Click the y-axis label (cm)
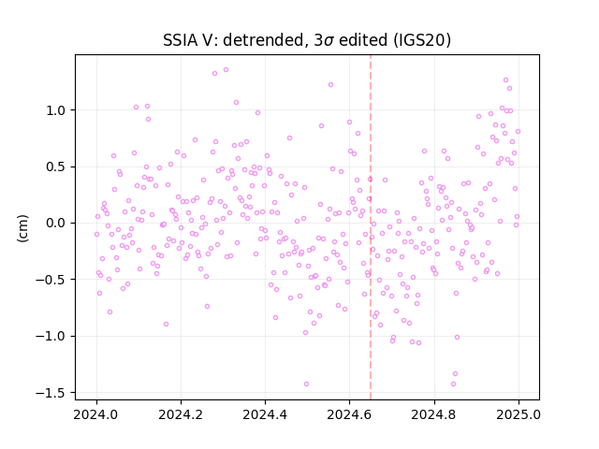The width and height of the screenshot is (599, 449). pyautogui.click(x=22, y=228)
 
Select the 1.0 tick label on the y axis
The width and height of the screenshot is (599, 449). pyautogui.click(x=55, y=110)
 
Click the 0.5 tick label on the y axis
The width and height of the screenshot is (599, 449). pyautogui.click(x=55, y=167)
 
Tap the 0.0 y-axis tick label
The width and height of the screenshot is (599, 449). pyautogui.click(x=55, y=224)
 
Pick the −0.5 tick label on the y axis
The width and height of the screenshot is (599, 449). pyautogui.click(x=51, y=280)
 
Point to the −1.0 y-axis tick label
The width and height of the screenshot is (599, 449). pyautogui.click(x=51, y=337)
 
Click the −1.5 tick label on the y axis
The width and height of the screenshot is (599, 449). pyautogui.click(x=51, y=393)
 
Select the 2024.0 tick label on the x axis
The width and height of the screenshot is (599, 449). pyautogui.click(x=96, y=414)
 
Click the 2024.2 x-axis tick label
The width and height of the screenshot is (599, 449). pyautogui.click(x=181, y=414)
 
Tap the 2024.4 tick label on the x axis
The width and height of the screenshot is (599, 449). pyautogui.click(x=265, y=414)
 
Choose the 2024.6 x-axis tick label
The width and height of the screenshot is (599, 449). pyautogui.click(x=349, y=414)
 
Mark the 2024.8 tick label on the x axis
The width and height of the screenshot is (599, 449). pyautogui.click(x=433, y=414)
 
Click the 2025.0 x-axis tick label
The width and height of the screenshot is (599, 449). pyautogui.click(x=519, y=414)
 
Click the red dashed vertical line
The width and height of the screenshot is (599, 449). pyautogui.click(x=371, y=227)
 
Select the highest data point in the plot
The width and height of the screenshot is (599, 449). pyautogui.click(x=226, y=70)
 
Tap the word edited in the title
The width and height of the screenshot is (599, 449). pyautogui.click(x=363, y=40)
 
